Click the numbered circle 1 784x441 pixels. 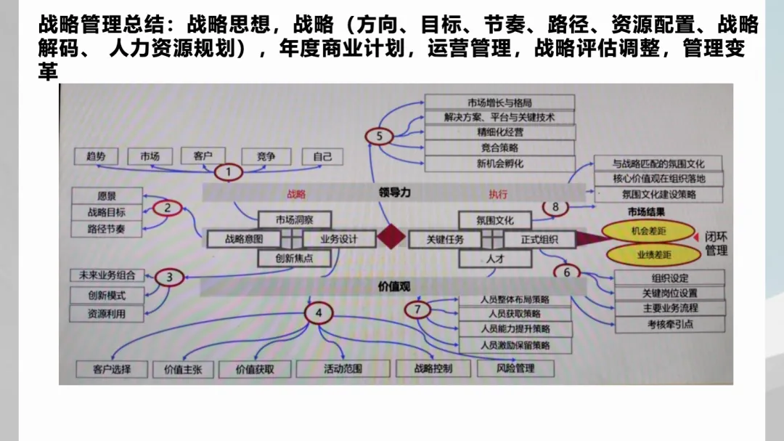point(229,172)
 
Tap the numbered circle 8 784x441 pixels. point(555,207)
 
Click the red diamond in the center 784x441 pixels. point(392,238)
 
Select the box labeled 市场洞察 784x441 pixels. point(294,219)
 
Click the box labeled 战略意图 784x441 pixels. point(243,239)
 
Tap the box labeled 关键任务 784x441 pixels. point(445,239)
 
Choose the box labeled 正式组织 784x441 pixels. point(539,239)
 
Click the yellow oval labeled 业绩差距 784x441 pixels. point(653,254)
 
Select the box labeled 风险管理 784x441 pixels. point(515,368)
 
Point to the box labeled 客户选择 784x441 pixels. point(112,369)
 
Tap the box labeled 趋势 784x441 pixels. point(96,156)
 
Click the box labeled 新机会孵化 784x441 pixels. point(499,163)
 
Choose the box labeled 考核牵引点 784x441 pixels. point(669,324)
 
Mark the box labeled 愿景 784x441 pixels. point(107,195)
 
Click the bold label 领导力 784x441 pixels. point(394,193)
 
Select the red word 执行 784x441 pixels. point(498,194)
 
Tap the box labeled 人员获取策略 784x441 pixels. point(514,314)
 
